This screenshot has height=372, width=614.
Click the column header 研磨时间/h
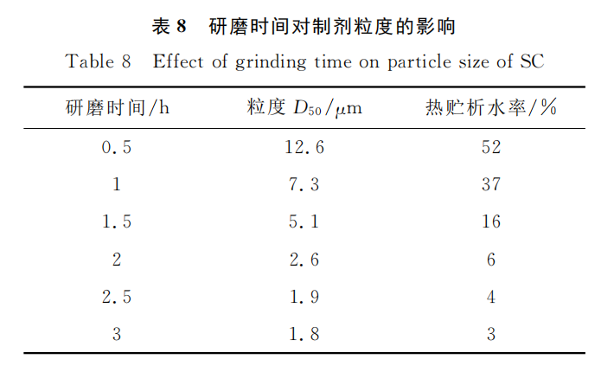(117, 108)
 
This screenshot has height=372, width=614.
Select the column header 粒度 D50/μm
(303, 108)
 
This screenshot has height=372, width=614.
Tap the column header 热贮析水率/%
(490, 108)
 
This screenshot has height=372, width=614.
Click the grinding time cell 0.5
(117, 147)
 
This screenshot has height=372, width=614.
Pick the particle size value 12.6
(304, 147)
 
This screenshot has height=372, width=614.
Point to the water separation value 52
(491, 147)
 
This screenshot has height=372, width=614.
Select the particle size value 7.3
(304, 184)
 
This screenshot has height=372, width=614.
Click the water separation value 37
(491, 184)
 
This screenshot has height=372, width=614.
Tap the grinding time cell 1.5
(117, 221)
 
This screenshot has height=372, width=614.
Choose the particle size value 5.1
(304, 221)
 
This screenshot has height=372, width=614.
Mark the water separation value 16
(491, 221)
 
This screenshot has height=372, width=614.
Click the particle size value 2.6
(304, 259)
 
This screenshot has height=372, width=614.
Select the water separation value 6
(491, 259)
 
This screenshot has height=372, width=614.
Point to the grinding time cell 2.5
(117, 297)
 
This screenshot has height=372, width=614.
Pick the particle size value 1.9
(304, 297)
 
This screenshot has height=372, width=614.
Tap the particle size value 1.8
(304, 334)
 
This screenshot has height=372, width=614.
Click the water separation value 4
(491, 297)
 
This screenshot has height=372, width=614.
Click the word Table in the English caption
(89, 61)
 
